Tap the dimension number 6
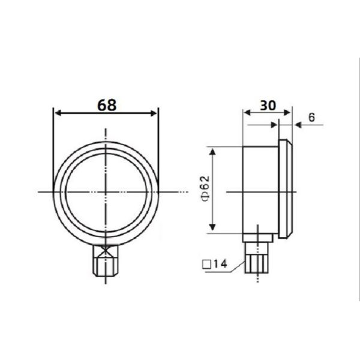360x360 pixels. [312, 118]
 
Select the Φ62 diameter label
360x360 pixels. [203, 190]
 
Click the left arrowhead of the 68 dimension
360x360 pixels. [57, 112]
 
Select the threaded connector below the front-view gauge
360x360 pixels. [106, 265]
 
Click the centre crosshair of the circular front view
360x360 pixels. [106, 191]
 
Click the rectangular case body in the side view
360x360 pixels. [259, 191]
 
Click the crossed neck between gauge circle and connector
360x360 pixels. [106, 248]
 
